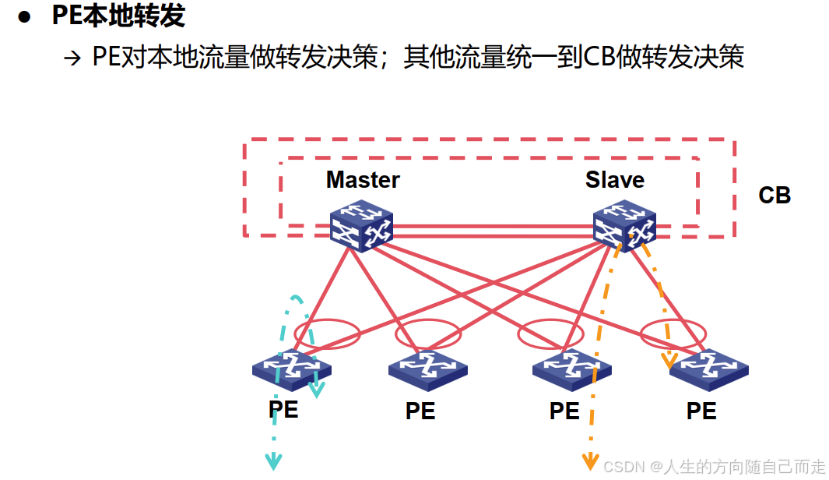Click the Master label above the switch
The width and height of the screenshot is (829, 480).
point(363,180)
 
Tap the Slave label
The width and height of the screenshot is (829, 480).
point(614,180)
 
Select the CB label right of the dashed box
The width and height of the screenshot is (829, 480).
point(774,195)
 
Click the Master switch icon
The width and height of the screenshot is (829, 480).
point(361,226)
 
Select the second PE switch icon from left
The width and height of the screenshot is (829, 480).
point(427,368)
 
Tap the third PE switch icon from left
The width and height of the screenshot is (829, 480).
point(571,368)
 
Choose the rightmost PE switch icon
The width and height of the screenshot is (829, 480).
point(708,368)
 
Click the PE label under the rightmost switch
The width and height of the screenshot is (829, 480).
point(701,411)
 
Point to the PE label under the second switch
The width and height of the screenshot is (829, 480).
point(420,411)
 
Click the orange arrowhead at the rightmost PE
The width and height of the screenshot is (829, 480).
point(668,361)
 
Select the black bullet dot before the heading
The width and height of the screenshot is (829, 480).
point(25,17)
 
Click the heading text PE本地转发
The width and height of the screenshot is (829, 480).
point(118,16)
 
